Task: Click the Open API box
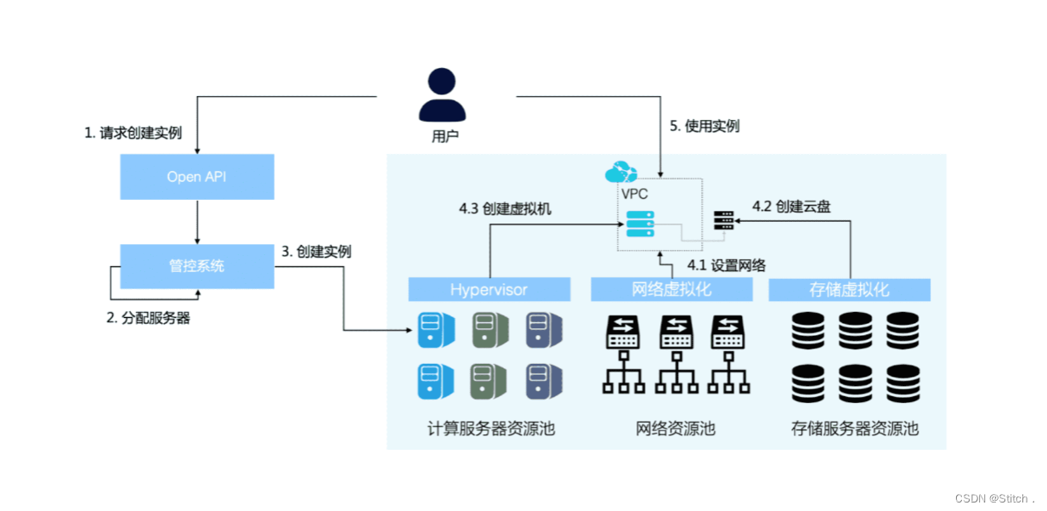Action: (x=196, y=177)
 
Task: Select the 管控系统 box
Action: (x=196, y=266)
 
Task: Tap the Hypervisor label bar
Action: (x=489, y=290)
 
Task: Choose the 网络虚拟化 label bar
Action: (x=672, y=290)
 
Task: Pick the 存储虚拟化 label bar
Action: (x=849, y=290)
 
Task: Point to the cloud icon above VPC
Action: (x=620, y=173)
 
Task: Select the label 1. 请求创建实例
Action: (x=133, y=133)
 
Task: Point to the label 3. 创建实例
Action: (x=316, y=252)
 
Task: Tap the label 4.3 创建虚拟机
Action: (x=506, y=208)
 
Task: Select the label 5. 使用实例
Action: (x=705, y=127)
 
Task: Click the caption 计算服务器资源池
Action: (x=491, y=429)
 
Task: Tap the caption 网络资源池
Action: (x=676, y=429)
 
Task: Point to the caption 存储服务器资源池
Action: (x=854, y=429)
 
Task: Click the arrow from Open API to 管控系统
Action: (x=197, y=222)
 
